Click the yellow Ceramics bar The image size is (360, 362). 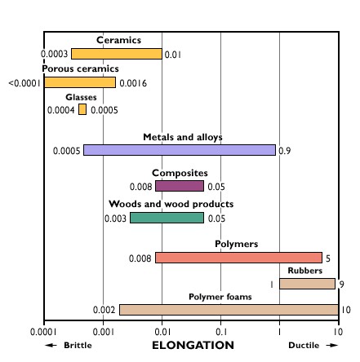[117, 54]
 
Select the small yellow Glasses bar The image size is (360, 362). [82, 109]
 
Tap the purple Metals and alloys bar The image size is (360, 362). [180, 150]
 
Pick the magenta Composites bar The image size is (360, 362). [180, 186]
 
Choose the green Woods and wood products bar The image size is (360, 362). [167, 218]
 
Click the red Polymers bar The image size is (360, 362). [238, 258]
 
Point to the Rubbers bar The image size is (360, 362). [307, 284]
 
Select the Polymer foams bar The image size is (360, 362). [229, 310]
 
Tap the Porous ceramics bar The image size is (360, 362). [80, 82]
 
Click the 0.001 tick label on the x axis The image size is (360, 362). [103, 332]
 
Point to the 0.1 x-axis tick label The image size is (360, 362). [221, 332]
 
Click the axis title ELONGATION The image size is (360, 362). [193, 345]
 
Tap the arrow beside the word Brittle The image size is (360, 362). [51, 345]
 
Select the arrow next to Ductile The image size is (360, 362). [332, 345]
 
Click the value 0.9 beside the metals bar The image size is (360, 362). [284, 151]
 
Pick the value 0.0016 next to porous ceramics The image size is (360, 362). [133, 83]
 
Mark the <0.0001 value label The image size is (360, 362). [24, 83]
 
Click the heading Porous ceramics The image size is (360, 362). [80, 68]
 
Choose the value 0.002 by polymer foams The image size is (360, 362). [104, 310]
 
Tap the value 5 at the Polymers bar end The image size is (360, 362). [328, 258]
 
